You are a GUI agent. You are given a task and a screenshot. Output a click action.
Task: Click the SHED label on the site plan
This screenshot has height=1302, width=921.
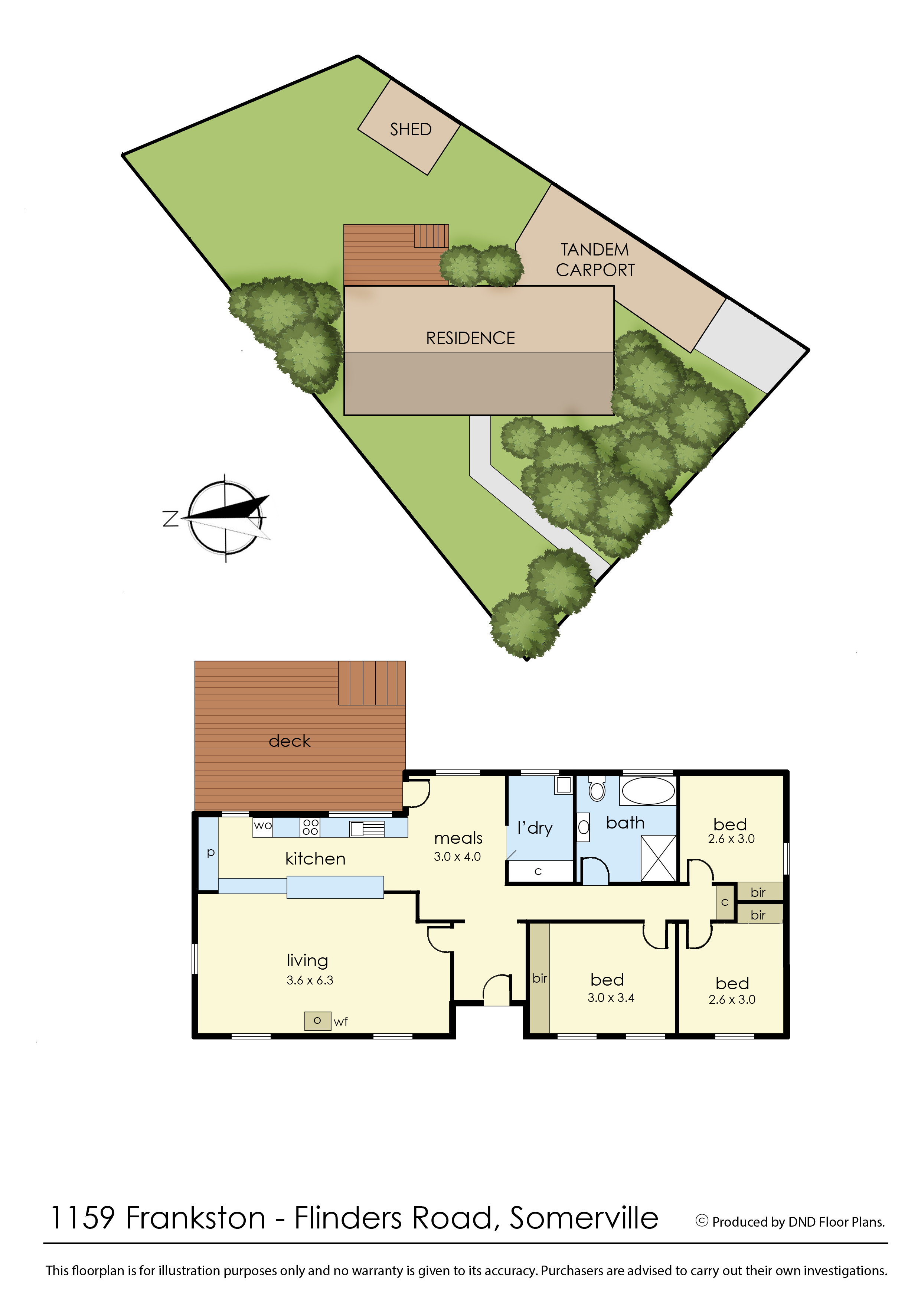411,129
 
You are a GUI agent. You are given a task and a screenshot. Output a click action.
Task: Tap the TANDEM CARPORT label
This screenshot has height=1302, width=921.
595,260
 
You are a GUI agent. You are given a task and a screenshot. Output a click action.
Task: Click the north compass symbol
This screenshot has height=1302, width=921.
226,517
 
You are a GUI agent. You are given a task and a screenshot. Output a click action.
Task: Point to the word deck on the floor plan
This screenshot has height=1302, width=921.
289,741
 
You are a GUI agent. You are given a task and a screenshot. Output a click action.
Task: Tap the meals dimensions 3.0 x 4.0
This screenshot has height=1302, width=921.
457,857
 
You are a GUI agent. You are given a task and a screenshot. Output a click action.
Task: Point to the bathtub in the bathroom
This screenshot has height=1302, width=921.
648,790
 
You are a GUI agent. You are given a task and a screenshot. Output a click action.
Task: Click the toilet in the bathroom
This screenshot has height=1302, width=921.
597,788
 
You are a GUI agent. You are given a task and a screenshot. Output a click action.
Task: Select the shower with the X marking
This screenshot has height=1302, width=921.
659,858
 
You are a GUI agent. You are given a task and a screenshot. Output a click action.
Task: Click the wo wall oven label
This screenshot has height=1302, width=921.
262,826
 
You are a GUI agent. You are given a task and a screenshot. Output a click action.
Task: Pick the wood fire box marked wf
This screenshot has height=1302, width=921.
318,1021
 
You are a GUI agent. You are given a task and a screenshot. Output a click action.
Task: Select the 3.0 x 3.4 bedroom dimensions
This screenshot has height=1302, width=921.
611,997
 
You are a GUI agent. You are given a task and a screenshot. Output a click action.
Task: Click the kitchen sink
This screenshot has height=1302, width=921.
367,829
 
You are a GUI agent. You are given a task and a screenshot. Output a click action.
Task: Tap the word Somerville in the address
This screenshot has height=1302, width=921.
584,1218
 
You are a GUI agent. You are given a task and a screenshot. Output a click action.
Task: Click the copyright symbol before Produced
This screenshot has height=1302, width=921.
702,1221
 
